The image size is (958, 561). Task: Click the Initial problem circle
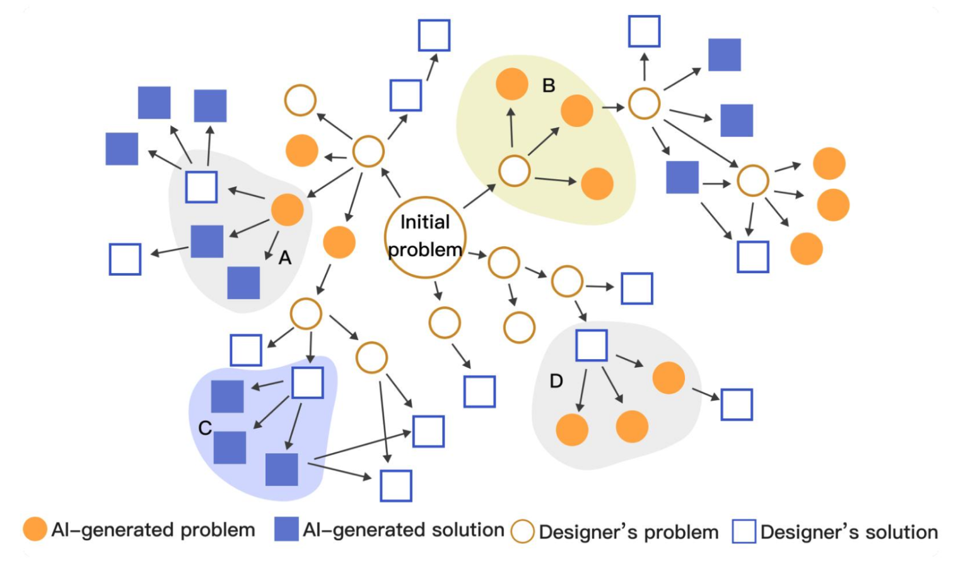coord(425,237)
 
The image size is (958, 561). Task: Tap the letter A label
coord(285,257)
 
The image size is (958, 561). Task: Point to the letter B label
coord(549,85)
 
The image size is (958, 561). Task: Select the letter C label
coord(205,428)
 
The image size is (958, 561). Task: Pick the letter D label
coord(556,381)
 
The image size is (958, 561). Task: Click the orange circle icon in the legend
coord(35,529)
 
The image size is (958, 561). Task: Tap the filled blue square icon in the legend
coord(286,529)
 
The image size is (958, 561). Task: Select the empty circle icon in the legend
coord(522,531)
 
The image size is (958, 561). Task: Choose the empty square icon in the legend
coord(744,531)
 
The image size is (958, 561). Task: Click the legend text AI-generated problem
coord(153,530)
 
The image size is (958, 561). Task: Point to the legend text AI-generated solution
coord(404,530)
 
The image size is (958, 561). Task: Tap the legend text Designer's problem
coord(629,532)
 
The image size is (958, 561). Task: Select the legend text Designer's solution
coord(849,532)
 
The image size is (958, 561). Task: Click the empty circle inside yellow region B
coord(514,171)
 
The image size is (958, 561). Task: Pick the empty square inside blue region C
coord(308,382)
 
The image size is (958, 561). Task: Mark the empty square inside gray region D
coord(592,345)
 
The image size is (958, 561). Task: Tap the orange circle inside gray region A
coord(288,210)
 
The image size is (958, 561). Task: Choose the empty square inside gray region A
coord(202,187)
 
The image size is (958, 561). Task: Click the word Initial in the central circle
coord(425,222)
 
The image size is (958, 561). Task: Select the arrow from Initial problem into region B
coord(480,196)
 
